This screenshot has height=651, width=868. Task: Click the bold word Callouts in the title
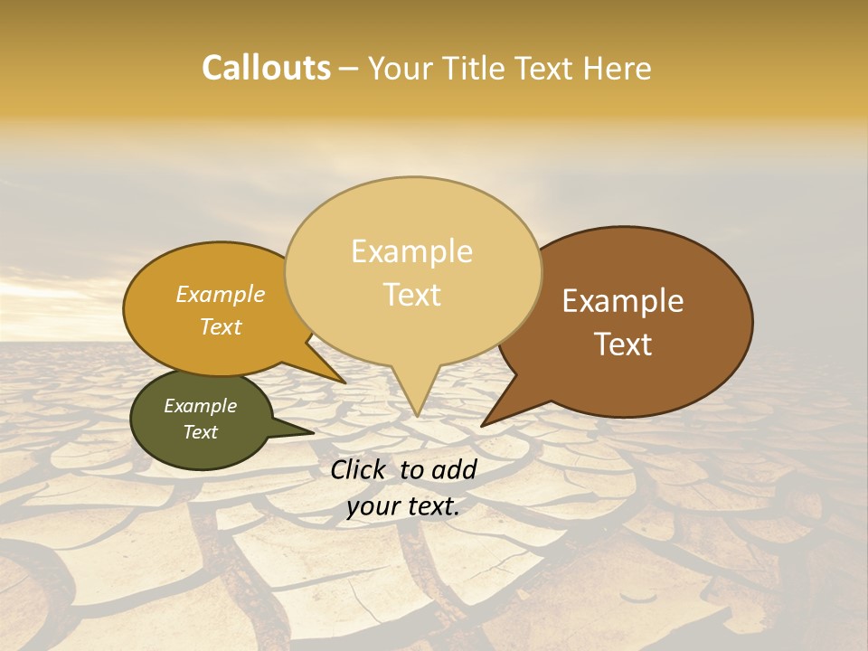266,69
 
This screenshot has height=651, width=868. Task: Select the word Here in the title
617,69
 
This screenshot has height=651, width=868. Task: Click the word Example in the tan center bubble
411,251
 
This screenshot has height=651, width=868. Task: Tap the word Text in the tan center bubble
411,295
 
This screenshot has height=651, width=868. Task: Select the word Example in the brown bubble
623,301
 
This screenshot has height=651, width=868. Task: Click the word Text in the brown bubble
623,344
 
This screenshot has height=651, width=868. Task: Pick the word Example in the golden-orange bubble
221,295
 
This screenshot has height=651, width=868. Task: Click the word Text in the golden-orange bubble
221,327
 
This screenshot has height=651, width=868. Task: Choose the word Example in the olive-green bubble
201,406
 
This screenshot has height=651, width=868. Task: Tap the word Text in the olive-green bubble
201,432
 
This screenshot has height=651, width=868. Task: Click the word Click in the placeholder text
360,469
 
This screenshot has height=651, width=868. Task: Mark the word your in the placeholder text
371,507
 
